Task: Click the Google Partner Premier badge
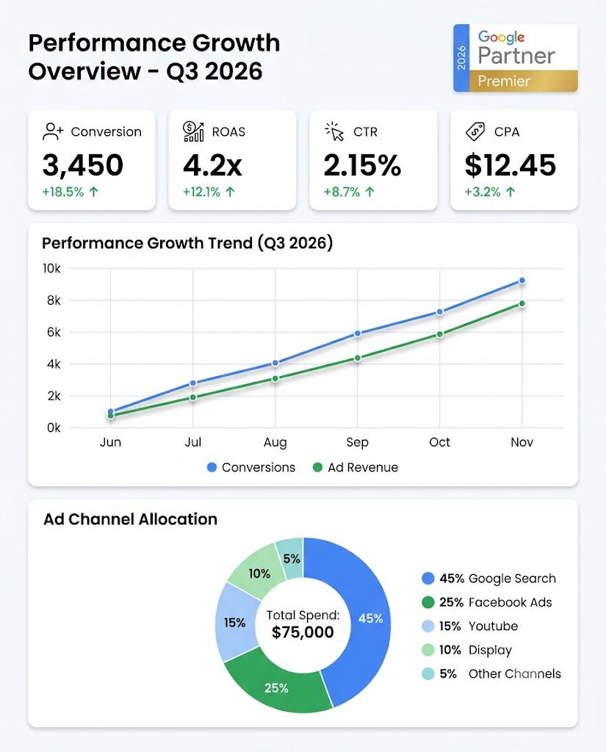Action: pos(516,58)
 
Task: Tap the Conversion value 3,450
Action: pos(82,165)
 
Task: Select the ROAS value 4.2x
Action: pos(212,165)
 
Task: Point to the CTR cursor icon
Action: pos(334,131)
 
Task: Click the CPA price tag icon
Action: pos(475,131)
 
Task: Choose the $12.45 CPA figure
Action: pos(510,165)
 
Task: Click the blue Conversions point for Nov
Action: pos(522,281)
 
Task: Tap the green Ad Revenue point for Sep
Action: pos(358,358)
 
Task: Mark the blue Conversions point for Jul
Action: pos(193,383)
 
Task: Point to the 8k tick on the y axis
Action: pos(54,300)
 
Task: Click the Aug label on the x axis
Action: pos(275,442)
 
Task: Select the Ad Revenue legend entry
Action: pos(355,467)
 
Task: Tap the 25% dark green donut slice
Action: pos(276,687)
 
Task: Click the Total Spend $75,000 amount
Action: pos(303,632)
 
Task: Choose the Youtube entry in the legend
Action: pos(469,626)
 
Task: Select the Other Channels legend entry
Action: pos(491,674)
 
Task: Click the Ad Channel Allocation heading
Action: pos(130,519)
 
